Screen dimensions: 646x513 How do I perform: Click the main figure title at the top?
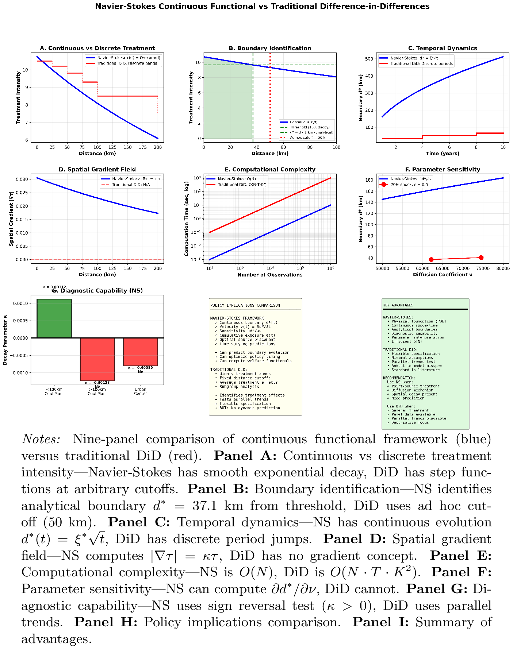coord(262,7)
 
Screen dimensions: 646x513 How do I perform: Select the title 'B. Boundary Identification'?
coord(270,48)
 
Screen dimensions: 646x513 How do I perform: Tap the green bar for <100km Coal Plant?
coord(54,318)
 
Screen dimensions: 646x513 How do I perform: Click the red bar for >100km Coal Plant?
coord(97,359)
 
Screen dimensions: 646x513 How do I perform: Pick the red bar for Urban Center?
coord(141,352)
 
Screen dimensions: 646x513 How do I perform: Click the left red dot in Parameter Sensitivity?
coord(431,260)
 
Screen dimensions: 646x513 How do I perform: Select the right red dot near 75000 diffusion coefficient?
coord(481,258)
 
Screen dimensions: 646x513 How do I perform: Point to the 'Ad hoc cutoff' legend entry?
coord(309,138)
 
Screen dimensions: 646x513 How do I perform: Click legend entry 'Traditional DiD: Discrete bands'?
coord(127,63)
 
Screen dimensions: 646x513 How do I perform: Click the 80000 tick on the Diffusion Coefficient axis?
coord(503,268)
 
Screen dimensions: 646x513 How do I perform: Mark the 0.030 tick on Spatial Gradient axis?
coord(22,179)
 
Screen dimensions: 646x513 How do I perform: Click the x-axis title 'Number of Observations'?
coord(270,275)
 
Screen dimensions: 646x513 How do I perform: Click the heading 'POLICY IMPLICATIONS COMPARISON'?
coord(245,305)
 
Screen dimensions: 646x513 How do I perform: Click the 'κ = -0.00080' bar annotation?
coord(141,368)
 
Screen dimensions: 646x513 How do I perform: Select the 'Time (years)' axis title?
coord(442,154)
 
